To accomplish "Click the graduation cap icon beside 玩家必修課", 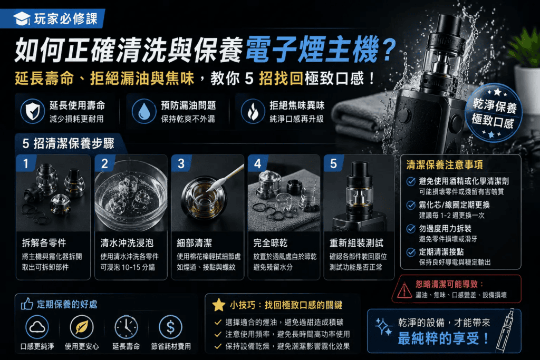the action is (x=22, y=18).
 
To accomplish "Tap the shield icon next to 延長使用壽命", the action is (x=32, y=111).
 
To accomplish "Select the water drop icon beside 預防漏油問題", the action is (x=144, y=111).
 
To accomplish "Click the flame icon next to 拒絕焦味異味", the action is (x=253, y=111).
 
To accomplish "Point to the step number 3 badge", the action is (x=181, y=163).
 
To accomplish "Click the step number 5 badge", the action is (x=333, y=163).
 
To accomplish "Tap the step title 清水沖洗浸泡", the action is (x=127, y=242).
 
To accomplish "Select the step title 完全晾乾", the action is (x=271, y=242).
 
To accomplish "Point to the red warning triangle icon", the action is (x=404, y=290).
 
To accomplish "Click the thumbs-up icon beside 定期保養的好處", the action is (x=27, y=304).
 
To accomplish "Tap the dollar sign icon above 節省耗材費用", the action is (x=170, y=327).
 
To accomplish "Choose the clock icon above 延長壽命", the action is (x=126, y=327).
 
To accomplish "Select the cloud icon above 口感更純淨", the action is (x=37, y=327).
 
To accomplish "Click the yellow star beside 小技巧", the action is (x=219, y=305).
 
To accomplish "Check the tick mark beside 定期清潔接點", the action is (x=411, y=252).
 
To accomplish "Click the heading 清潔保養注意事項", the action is (x=444, y=165).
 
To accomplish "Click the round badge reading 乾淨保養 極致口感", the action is (x=494, y=113).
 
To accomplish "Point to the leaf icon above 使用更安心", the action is (x=82, y=327).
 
